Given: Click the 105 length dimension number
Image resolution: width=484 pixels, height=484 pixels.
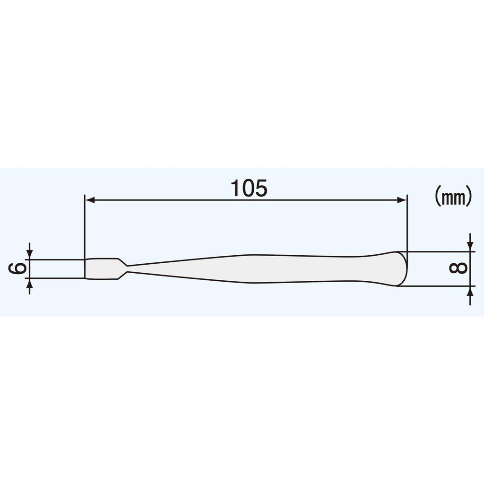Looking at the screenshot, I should [x=249, y=188].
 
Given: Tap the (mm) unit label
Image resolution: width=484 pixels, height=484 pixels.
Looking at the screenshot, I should [x=453, y=197].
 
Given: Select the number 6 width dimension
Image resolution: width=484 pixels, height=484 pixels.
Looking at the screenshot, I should [x=18, y=268].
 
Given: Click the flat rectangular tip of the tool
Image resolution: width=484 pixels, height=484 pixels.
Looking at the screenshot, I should [x=102, y=268].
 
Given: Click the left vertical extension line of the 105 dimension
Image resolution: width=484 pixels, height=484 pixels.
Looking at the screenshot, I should [x=84, y=227].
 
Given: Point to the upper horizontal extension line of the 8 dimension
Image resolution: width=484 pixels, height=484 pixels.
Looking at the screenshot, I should [x=440, y=251].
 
